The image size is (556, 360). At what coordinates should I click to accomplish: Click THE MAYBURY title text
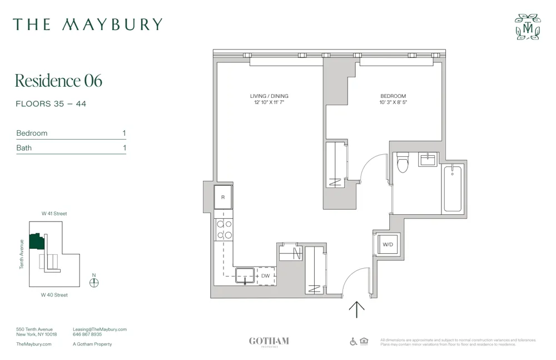pyautogui.click(x=88, y=24)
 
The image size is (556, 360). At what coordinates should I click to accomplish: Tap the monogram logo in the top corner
pyautogui.click(x=527, y=27)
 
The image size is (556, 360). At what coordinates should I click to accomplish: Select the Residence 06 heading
pyautogui.click(x=58, y=81)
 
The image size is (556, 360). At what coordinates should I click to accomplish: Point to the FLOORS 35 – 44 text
pyautogui.click(x=51, y=104)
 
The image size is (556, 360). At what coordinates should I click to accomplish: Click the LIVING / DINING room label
pyautogui.click(x=269, y=96)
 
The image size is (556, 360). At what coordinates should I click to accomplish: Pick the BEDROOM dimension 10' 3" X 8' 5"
pyautogui.click(x=393, y=103)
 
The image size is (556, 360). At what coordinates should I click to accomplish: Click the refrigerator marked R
pyautogui.click(x=223, y=197)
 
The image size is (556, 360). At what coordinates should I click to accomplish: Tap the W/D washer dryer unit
pyautogui.click(x=387, y=244)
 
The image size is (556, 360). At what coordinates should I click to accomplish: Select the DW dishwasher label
pyautogui.click(x=266, y=275)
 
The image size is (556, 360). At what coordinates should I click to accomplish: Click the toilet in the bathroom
pyautogui.click(x=403, y=162)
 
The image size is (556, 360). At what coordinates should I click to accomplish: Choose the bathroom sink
pyautogui.click(x=428, y=160)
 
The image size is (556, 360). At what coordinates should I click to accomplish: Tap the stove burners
pyautogui.click(x=224, y=229)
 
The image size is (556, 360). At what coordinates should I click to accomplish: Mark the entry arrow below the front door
pyautogui.click(x=356, y=309)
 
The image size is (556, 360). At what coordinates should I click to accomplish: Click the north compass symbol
pyautogui.click(x=94, y=282)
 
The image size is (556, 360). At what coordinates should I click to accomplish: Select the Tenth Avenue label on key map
pyautogui.click(x=22, y=254)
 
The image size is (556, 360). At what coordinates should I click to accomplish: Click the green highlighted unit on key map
pyautogui.click(x=37, y=241)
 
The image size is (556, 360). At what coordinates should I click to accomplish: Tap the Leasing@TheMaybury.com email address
pyautogui.click(x=100, y=329)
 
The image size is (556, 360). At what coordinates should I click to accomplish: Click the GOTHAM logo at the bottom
pyautogui.click(x=269, y=341)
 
